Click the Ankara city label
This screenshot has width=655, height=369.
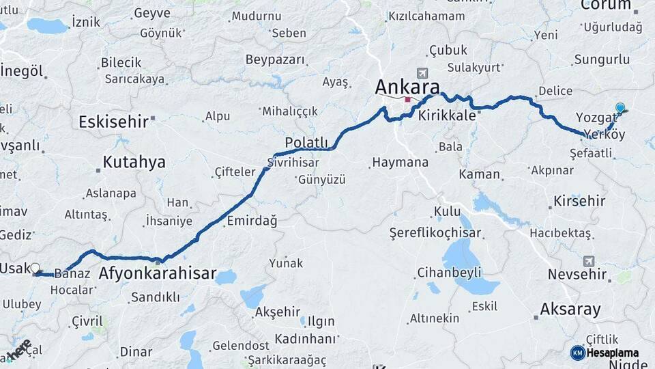(407, 87)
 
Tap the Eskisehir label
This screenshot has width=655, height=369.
(113, 122)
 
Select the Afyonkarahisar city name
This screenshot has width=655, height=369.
(158, 275)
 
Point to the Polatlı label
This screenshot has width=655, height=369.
(306, 141)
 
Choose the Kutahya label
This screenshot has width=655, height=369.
(134, 162)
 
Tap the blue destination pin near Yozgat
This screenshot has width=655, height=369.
(620, 108)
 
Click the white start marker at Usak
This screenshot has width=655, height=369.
(35, 269)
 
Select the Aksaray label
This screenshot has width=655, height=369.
(570, 309)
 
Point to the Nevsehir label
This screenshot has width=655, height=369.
(577, 275)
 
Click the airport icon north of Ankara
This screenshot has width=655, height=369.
(422, 73)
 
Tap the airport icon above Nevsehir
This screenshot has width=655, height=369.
(589, 261)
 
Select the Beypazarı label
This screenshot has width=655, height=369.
(275, 59)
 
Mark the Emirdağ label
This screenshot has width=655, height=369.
(252, 221)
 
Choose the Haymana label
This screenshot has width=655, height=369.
(400, 163)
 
